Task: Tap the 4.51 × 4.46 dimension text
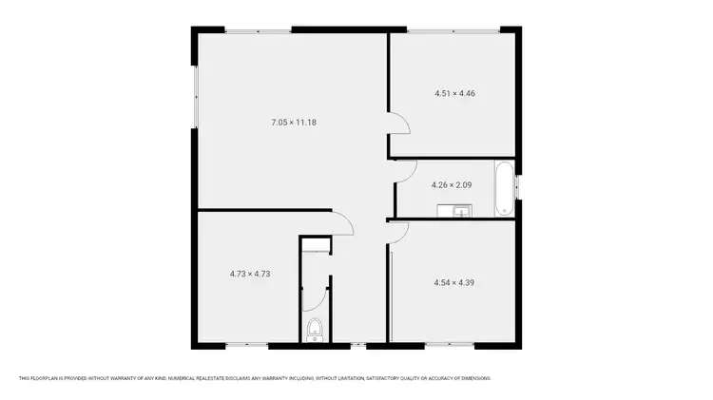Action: coord(454,93)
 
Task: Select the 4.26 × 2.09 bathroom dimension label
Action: coord(452,184)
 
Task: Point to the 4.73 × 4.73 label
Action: coord(250,274)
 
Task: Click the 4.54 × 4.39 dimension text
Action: coord(453,282)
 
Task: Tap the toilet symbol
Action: coord(315,331)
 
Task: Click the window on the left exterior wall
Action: coord(194,96)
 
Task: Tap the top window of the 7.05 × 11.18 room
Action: coord(258,31)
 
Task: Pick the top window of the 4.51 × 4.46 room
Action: coord(453,31)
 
